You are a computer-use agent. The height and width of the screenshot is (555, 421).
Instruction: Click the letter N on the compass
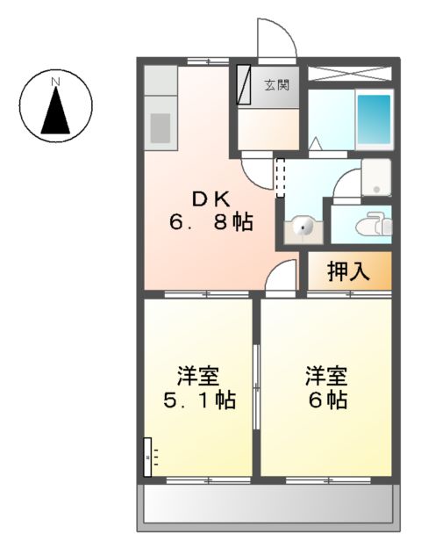pyautogui.click(x=55, y=83)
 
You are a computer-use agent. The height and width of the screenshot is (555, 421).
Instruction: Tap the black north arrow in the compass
pyautogui.click(x=56, y=110)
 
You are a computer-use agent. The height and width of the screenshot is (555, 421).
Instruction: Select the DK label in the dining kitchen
pyautogui.click(x=210, y=199)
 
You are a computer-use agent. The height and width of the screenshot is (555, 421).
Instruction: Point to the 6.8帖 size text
pyautogui.click(x=210, y=223)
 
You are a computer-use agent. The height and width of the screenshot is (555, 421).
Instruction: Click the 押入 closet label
pyautogui.click(x=347, y=271)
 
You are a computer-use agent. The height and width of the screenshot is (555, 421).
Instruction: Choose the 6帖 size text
pyautogui.click(x=327, y=401)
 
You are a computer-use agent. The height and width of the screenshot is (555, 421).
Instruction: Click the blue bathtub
pyautogui.click(x=374, y=120)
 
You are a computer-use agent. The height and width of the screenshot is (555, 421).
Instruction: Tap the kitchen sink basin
pyautogui.click(x=160, y=126)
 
